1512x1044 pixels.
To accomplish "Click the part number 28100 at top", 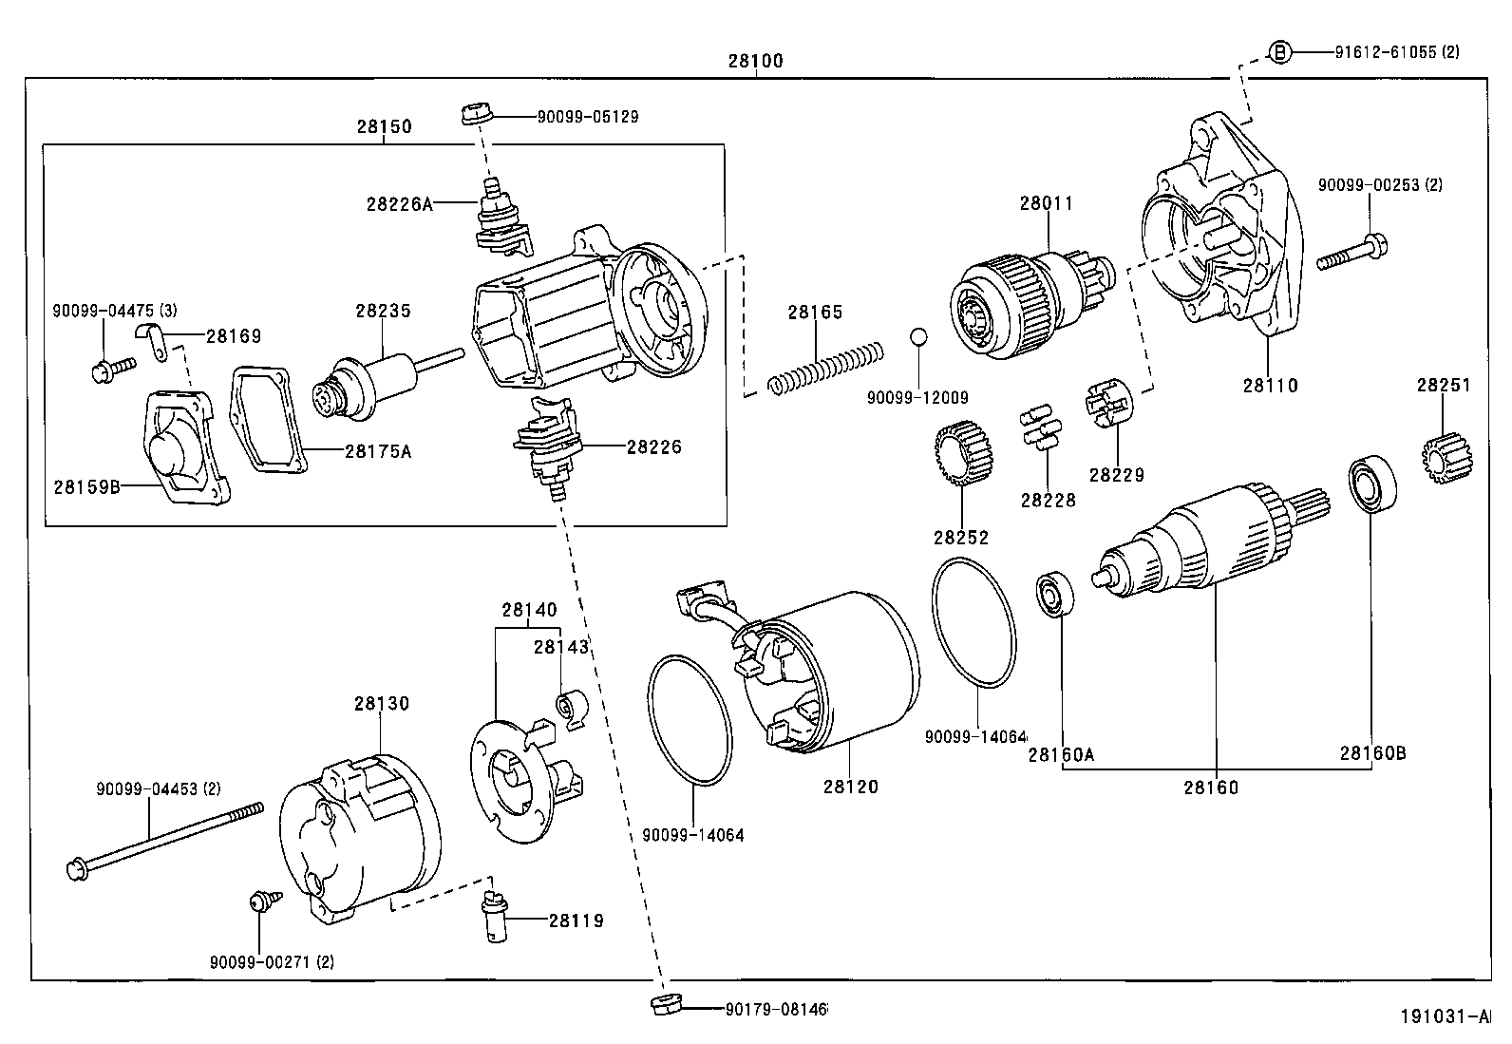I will (755, 61).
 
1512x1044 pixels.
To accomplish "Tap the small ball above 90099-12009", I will (917, 336).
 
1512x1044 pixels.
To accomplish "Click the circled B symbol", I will (1279, 52).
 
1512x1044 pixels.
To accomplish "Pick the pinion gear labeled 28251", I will (1447, 456).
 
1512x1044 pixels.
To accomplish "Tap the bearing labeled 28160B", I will (1371, 484).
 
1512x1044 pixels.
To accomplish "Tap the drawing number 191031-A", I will (1444, 1016).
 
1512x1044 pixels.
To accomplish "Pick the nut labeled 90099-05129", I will (474, 115).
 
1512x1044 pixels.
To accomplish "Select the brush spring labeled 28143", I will (573, 709).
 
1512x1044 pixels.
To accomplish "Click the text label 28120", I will (850, 787).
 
